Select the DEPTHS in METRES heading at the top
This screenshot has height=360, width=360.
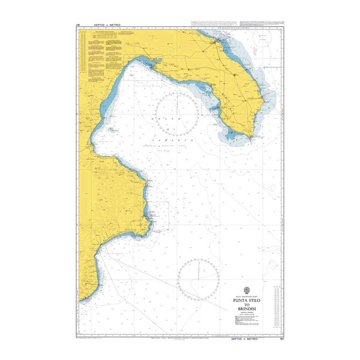pos(107,25)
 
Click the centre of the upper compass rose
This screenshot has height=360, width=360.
pos(177,114)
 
